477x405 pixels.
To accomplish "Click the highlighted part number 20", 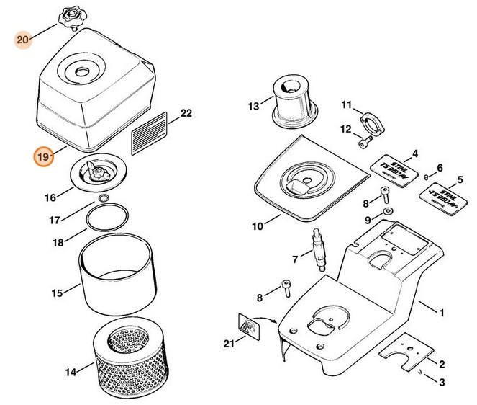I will pyautogui.click(x=22, y=40).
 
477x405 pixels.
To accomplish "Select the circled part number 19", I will pyautogui.click(x=43, y=156).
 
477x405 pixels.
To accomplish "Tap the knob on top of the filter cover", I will pyautogui.click(x=73, y=16).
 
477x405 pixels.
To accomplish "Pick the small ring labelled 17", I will pyautogui.click(x=104, y=199).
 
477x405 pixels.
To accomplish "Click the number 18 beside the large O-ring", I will pyautogui.click(x=60, y=243).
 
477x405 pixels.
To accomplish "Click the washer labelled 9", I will pyautogui.click(x=388, y=211).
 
